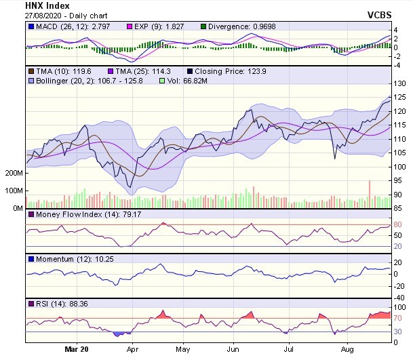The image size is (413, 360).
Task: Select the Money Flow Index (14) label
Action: (71, 214)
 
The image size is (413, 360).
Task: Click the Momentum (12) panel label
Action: (62, 259)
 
